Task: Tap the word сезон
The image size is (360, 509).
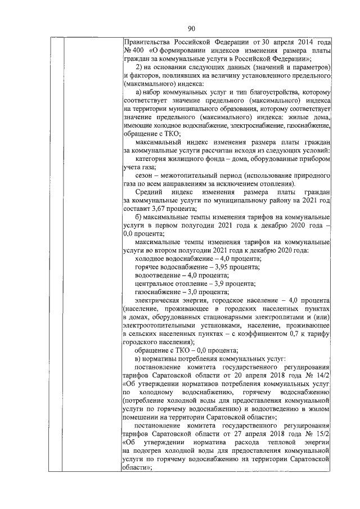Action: click(x=145, y=175)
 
